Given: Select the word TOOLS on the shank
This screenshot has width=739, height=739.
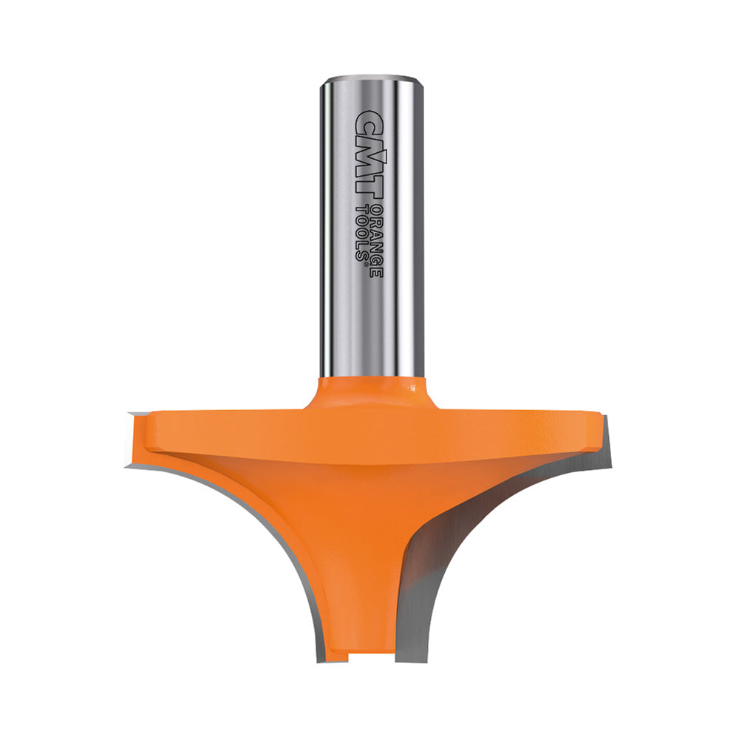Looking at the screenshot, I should click(x=362, y=234).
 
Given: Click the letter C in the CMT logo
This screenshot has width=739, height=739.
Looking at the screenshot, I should click(x=367, y=122).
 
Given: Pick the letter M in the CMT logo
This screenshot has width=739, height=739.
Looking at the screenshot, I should click(x=367, y=151).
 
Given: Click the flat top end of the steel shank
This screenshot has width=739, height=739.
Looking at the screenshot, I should click(x=367, y=77).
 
